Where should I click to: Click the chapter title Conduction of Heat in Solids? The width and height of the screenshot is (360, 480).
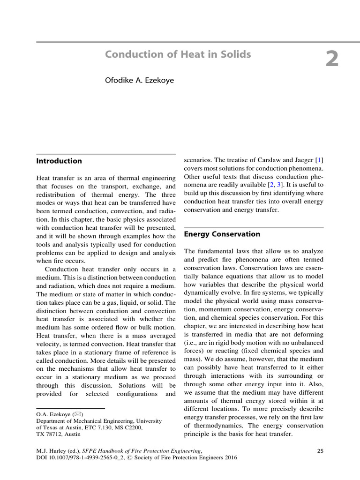coord(178,54)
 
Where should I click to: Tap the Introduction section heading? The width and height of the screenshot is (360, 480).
coord(59,161)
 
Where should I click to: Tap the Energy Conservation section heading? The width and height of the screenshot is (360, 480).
coord(222,234)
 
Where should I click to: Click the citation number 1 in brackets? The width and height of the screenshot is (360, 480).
coord(320,160)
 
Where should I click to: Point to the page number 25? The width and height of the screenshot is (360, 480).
coord(320,451)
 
